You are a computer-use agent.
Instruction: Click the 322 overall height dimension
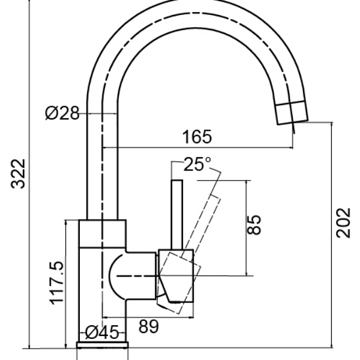[x=19, y=173]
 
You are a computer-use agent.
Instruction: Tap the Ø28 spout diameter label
[x=62, y=113]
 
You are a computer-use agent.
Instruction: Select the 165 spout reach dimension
[x=197, y=137]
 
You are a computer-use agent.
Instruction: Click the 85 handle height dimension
[x=254, y=225]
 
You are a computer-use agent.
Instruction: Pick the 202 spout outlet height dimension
[x=343, y=223]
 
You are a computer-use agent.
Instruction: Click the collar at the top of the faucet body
[x=103, y=233]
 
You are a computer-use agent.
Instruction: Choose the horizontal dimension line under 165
[x=198, y=147]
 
